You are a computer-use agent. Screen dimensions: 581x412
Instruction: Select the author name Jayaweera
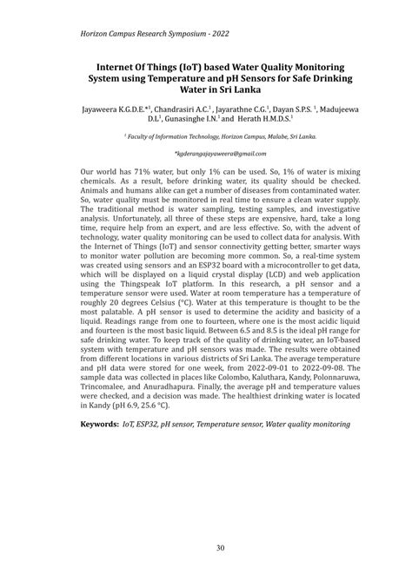[x=104, y=110]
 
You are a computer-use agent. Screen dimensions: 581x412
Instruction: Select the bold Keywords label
[x=99, y=425]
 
